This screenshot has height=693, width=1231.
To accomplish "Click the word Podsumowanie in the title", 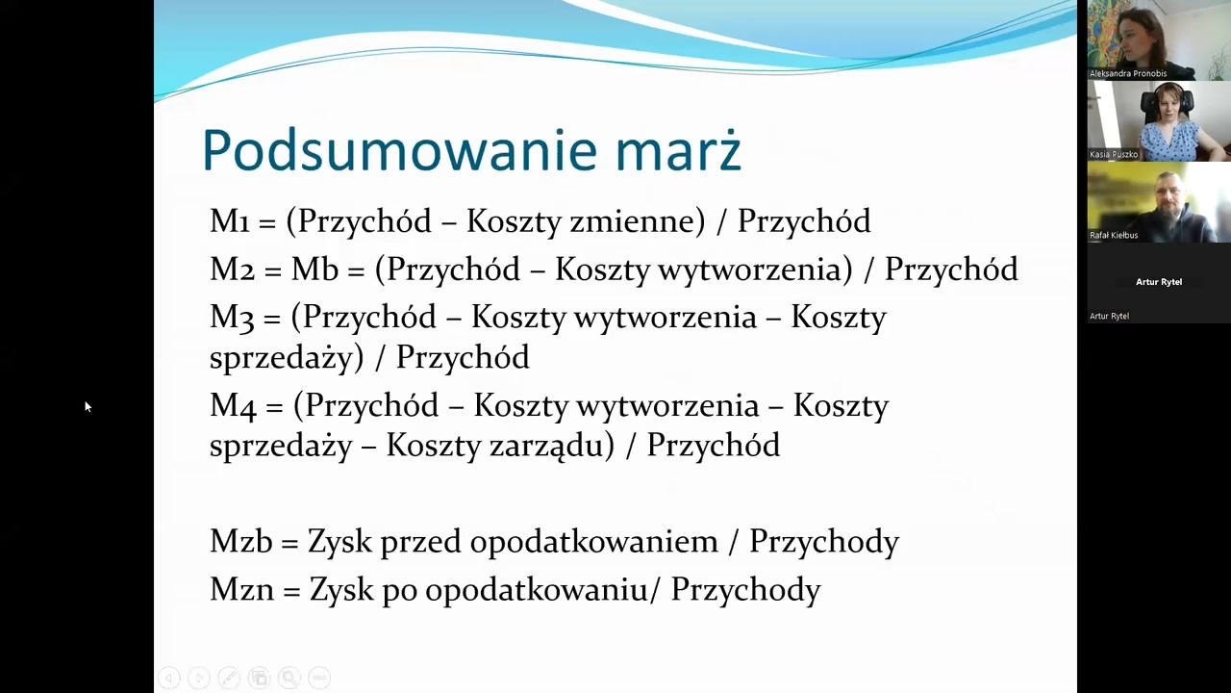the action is click(399, 150).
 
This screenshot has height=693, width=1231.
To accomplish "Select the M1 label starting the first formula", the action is click(230, 221).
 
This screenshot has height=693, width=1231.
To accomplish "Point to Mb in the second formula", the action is click(314, 269).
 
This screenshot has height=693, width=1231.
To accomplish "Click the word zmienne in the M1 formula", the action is click(632, 221).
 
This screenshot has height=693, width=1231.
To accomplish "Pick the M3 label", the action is click(232, 318).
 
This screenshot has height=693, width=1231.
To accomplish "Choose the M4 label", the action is click(233, 406).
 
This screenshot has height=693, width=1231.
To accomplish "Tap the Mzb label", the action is click(241, 542).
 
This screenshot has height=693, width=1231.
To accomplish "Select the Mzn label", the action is click(241, 590).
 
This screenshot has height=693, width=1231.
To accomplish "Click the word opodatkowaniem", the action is click(594, 543).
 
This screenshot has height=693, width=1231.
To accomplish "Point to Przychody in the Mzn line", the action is click(745, 591).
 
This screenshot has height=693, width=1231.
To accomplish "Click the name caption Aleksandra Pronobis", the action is click(1128, 73).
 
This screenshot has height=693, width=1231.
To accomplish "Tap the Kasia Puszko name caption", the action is click(1114, 155).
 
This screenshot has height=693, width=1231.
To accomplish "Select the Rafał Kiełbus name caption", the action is click(1114, 236).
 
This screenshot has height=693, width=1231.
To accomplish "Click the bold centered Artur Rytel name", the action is click(1159, 282).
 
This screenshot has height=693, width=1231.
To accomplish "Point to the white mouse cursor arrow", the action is click(88, 407).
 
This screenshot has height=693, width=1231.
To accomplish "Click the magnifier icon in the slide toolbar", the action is click(289, 677).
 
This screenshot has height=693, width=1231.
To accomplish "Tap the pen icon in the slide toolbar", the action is click(229, 677).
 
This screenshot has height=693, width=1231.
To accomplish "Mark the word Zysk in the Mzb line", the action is click(340, 542).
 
